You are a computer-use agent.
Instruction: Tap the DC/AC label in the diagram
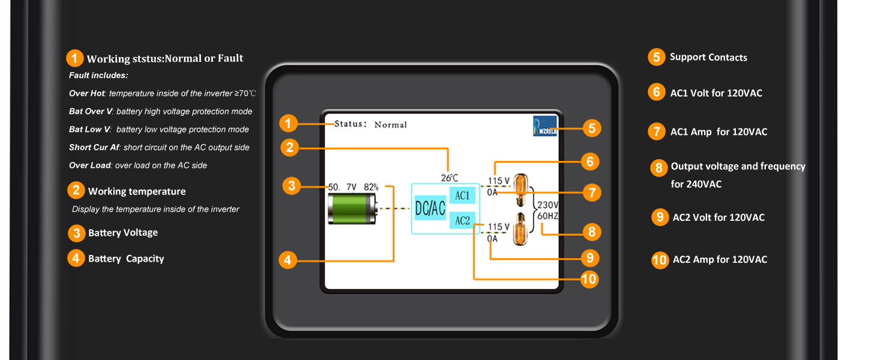pos(430,208)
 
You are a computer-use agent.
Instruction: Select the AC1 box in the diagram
pos(462,195)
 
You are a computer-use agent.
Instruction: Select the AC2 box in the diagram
pos(462,220)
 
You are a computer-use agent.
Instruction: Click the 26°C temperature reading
pos(450,178)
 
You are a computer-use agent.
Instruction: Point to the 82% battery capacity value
pos(371,187)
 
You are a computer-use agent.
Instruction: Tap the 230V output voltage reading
pos(548,205)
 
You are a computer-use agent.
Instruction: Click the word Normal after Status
pos(390,125)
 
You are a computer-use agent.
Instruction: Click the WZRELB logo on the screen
pos(545,127)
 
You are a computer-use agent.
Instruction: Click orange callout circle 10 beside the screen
pos(590,279)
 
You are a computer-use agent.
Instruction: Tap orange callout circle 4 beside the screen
pos(288,260)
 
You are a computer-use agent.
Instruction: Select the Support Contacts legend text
pos(708,58)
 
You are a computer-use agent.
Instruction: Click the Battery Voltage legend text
pos(123,233)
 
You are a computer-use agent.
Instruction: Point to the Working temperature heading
pos(137,191)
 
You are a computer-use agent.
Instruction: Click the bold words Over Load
pos(89,165)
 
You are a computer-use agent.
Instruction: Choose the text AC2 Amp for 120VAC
pos(720,260)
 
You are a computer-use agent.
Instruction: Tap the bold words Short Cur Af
pos(94,147)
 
